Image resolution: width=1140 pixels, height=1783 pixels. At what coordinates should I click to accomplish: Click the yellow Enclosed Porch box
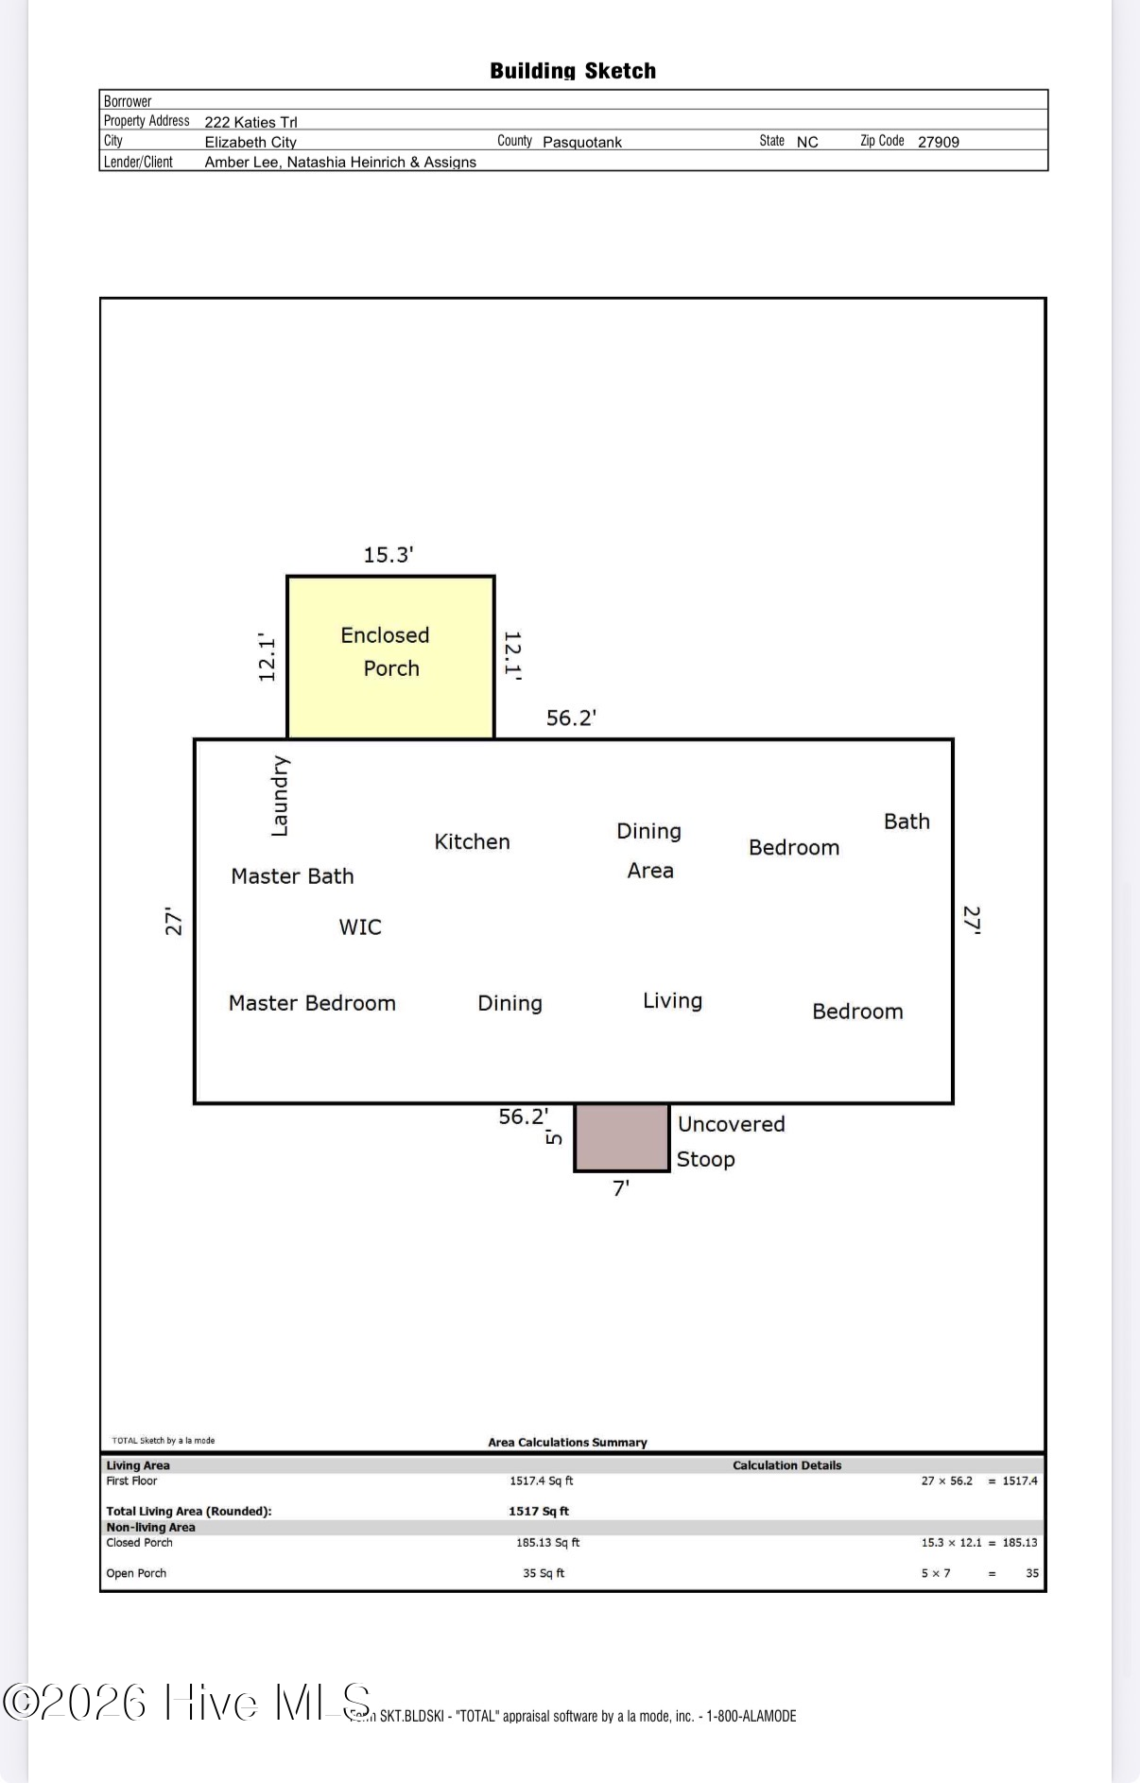(x=390, y=657)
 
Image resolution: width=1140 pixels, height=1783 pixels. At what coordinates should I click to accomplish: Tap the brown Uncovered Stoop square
(x=622, y=1137)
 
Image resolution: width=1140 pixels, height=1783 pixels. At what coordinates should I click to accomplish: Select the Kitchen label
(x=472, y=841)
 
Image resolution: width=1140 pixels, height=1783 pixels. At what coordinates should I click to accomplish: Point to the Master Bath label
(x=292, y=876)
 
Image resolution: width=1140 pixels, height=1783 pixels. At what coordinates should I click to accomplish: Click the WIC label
(x=360, y=926)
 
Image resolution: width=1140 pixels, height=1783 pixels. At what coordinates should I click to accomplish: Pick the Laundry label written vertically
(x=280, y=796)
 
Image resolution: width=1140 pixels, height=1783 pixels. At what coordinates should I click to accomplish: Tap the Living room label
(x=672, y=1001)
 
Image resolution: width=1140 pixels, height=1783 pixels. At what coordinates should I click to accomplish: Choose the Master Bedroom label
(x=312, y=1003)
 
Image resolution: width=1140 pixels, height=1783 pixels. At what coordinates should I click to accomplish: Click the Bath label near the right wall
(x=907, y=822)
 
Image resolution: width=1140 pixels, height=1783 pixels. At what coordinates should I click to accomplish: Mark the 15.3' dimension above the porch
(x=389, y=555)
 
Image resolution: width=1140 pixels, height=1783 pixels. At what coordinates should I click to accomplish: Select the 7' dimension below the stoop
(x=621, y=1188)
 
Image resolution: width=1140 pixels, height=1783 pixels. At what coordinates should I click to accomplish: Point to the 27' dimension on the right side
(x=972, y=920)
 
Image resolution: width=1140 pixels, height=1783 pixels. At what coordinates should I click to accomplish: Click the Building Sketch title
(x=573, y=71)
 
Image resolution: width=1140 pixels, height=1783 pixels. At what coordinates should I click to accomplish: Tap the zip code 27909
(x=939, y=142)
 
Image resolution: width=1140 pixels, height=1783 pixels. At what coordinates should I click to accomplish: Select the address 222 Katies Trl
(x=250, y=122)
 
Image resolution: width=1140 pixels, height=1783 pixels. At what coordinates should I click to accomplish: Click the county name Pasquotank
(x=582, y=142)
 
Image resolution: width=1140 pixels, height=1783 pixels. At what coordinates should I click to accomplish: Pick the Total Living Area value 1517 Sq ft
(x=539, y=1511)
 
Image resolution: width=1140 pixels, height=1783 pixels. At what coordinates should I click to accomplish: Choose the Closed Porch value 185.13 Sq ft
(x=548, y=1542)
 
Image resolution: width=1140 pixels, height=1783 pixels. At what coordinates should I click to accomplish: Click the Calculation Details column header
(x=786, y=1465)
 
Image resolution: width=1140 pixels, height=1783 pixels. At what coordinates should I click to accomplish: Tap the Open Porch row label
(x=136, y=1573)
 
